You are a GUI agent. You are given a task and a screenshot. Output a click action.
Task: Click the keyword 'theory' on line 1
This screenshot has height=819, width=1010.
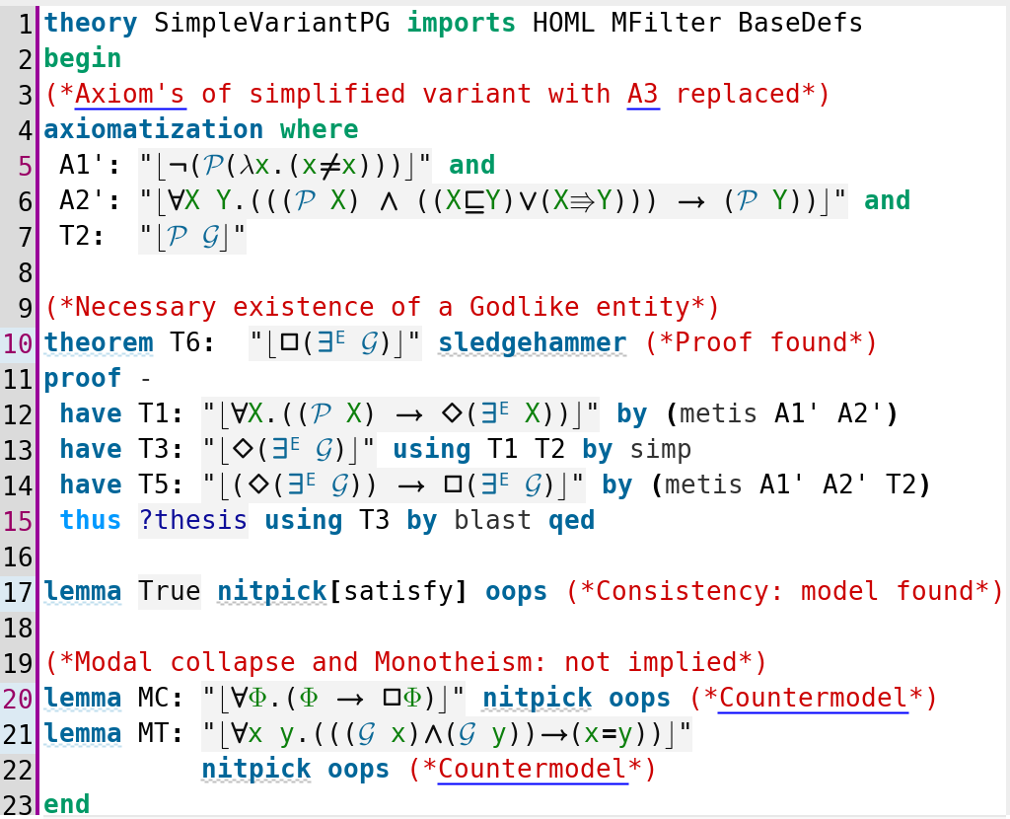(x=90, y=24)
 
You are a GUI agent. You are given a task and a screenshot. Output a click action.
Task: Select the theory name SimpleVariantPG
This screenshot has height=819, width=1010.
(x=272, y=24)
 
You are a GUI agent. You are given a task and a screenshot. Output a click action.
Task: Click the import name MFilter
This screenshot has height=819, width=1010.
(x=666, y=24)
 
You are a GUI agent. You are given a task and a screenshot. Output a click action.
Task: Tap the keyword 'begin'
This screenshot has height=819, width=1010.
(x=83, y=59)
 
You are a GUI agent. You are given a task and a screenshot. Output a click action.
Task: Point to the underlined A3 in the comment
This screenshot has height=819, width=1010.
(x=643, y=94)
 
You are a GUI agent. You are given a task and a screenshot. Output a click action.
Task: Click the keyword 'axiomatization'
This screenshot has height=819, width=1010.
(x=153, y=129)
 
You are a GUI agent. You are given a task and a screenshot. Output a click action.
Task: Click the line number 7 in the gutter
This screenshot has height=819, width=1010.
(x=25, y=237)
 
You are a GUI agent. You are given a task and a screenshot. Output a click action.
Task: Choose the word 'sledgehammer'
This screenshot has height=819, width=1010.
(x=532, y=342)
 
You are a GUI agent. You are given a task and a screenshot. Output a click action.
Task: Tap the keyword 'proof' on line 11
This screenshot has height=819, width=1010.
(x=83, y=379)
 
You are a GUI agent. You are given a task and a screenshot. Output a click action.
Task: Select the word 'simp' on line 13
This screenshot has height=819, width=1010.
(x=660, y=450)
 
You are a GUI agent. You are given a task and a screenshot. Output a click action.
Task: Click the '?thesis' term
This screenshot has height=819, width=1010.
(x=192, y=520)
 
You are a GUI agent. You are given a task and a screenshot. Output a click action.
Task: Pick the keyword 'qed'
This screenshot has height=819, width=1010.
(x=571, y=521)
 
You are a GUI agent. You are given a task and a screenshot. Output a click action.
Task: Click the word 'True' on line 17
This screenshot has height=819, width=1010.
(x=170, y=591)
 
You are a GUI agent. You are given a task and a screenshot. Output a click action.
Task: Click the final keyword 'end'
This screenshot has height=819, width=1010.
(x=67, y=804)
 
